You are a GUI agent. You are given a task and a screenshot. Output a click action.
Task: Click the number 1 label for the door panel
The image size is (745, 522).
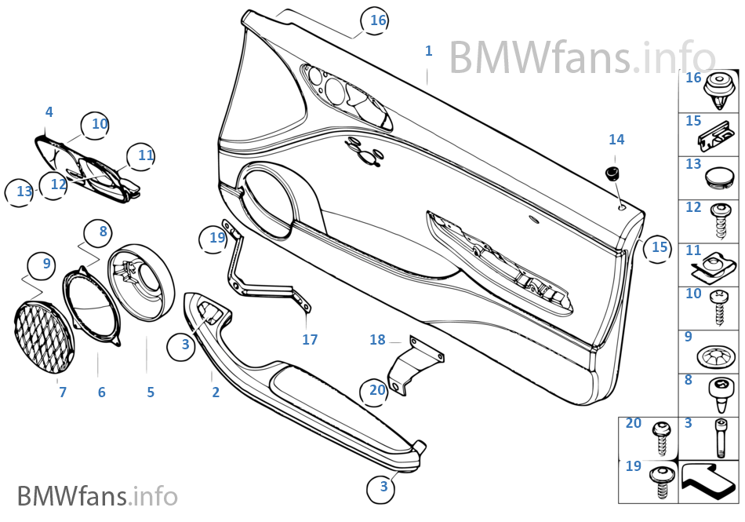(428, 51)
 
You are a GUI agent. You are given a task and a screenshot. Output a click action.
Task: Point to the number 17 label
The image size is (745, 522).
(310, 340)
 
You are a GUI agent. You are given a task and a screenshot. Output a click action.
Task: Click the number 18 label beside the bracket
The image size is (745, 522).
(378, 340)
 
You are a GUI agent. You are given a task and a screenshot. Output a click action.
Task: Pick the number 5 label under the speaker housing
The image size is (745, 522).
(151, 392)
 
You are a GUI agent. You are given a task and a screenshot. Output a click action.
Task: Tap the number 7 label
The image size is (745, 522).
(63, 392)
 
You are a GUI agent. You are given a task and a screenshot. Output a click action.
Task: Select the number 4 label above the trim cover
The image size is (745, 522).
(49, 112)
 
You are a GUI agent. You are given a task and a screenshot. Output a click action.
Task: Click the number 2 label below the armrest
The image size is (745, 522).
(216, 392)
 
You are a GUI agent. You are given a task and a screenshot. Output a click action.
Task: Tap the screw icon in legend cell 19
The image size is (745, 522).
(660, 480)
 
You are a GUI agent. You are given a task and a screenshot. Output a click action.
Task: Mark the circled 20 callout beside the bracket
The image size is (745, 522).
(377, 390)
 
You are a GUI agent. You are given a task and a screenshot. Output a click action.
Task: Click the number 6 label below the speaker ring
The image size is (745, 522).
(101, 392)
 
